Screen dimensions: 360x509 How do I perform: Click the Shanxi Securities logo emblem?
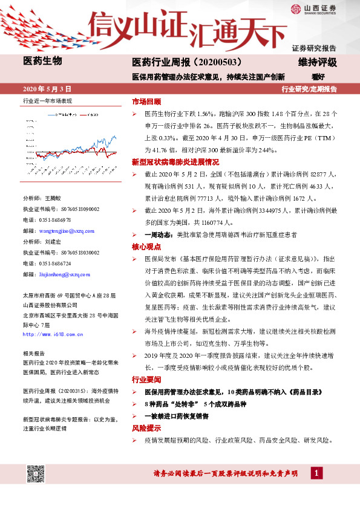[296, 8]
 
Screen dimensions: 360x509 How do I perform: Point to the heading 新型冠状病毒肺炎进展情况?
[175, 162]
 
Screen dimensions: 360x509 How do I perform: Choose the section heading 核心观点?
[146, 247]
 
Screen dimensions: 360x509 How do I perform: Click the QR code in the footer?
[35, 475]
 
